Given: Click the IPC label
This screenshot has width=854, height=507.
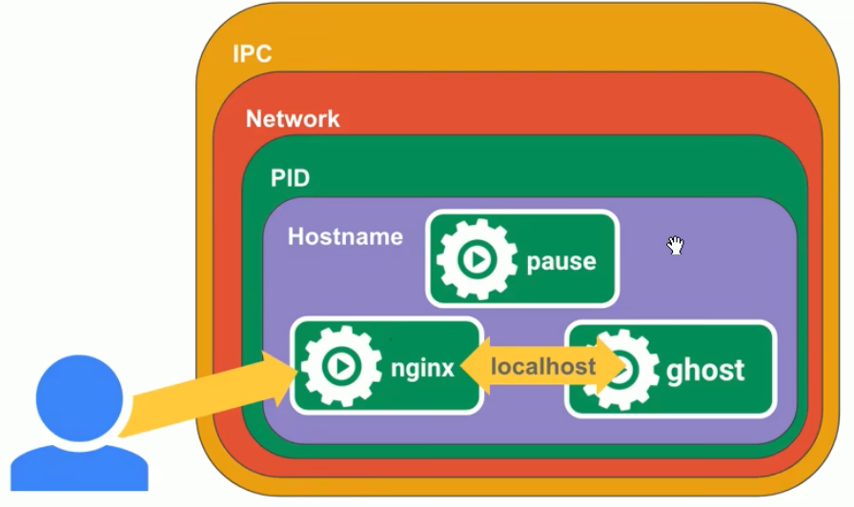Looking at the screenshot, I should (252, 53).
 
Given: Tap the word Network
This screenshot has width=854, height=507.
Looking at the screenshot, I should (293, 119).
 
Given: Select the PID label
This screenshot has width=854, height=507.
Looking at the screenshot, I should (290, 178).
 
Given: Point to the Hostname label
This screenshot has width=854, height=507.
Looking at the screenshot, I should (345, 236).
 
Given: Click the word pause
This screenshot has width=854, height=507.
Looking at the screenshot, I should (560, 261).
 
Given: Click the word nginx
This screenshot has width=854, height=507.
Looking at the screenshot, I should (422, 368).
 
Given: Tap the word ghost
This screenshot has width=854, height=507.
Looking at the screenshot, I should (705, 370).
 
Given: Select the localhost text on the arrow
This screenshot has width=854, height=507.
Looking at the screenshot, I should (543, 366).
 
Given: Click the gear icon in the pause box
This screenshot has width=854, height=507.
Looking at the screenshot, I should (476, 259).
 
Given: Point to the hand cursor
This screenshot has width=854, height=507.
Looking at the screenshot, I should (675, 246).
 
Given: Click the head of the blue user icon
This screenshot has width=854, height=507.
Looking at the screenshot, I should (79, 397).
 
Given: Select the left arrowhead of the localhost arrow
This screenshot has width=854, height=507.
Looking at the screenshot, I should (475, 366).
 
